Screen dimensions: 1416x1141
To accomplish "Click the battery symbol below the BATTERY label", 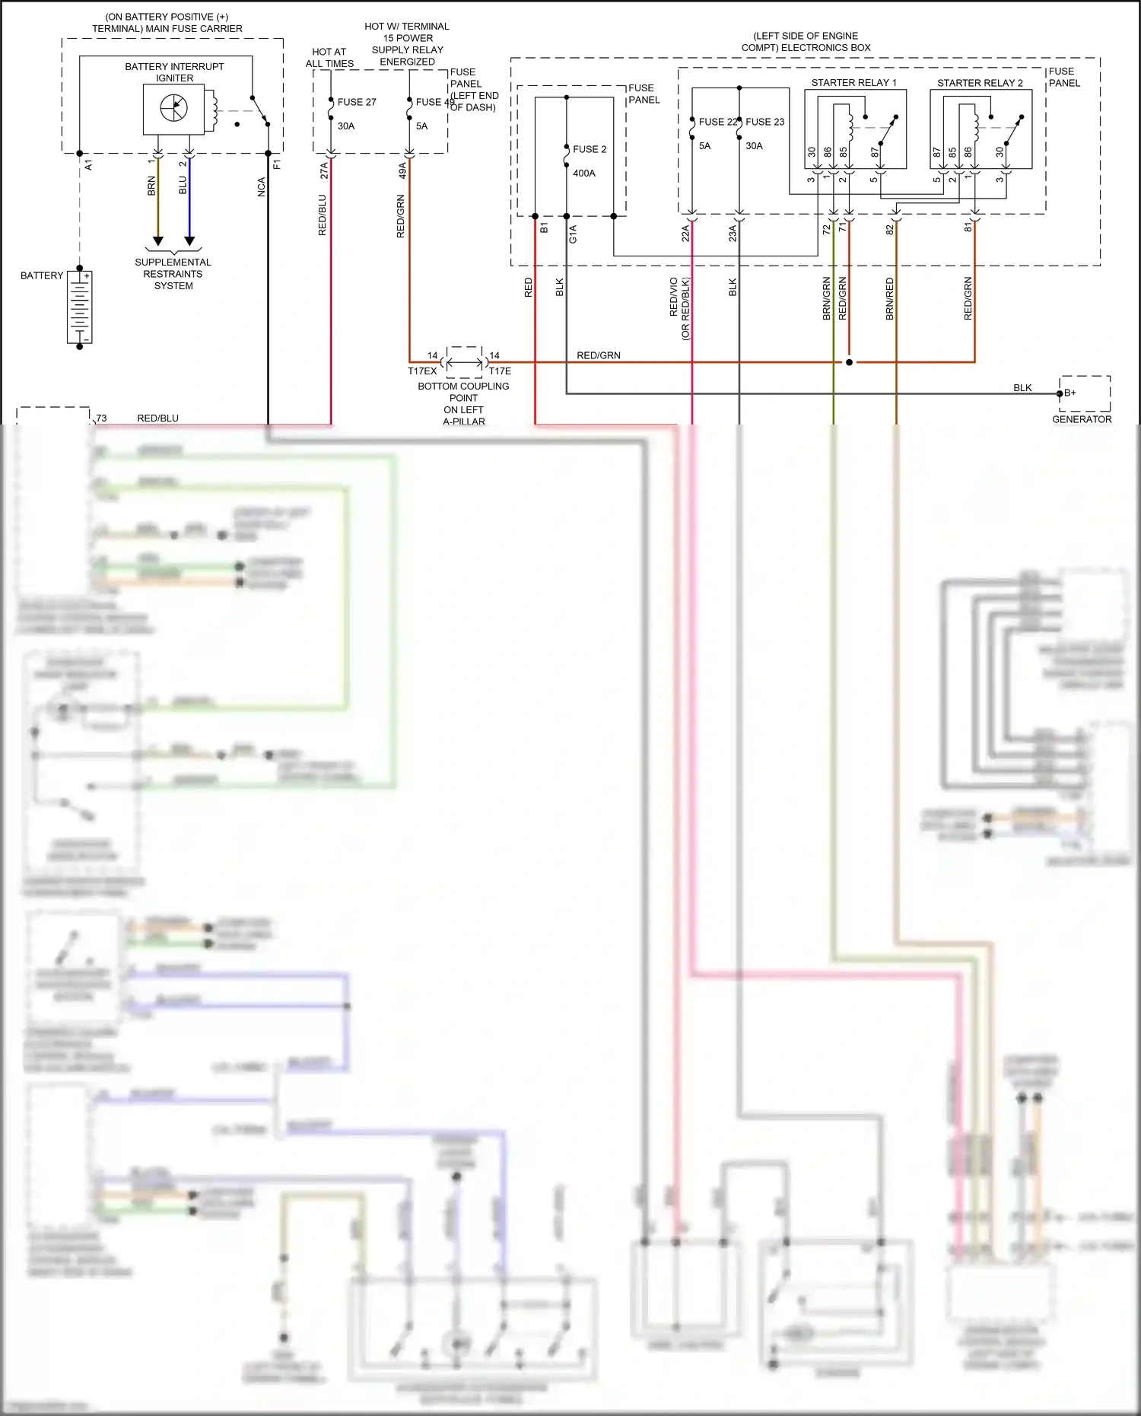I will [x=80, y=307].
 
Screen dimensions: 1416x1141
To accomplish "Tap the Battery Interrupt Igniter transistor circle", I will [x=173, y=108].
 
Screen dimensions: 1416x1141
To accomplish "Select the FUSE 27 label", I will [x=357, y=102].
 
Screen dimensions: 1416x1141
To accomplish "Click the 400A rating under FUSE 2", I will [x=584, y=173].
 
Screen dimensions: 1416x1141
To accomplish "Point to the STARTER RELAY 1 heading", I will [x=853, y=83].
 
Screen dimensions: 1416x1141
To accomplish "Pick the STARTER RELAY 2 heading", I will [x=980, y=83].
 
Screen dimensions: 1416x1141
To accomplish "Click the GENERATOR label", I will [x=1082, y=419].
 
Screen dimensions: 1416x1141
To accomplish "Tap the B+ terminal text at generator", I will [x=1070, y=393].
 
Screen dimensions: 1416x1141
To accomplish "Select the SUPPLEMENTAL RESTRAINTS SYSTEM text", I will [x=173, y=274].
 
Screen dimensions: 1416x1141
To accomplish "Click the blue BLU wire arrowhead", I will [x=189, y=241].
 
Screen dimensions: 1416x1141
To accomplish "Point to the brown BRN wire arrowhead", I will [x=158, y=241].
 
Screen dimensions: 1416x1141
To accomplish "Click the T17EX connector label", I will [x=422, y=371].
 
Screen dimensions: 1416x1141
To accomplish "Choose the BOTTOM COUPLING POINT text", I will [x=463, y=392].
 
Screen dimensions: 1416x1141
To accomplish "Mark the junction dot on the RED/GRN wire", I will [x=850, y=362].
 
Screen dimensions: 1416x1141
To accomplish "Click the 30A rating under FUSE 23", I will [x=754, y=146].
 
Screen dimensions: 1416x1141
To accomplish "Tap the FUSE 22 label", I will [x=717, y=122].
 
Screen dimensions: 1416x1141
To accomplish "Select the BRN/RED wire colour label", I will [x=890, y=298].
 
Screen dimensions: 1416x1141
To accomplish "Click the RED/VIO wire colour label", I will [x=673, y=297].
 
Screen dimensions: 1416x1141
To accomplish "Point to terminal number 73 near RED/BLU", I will [x=101, y=418].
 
